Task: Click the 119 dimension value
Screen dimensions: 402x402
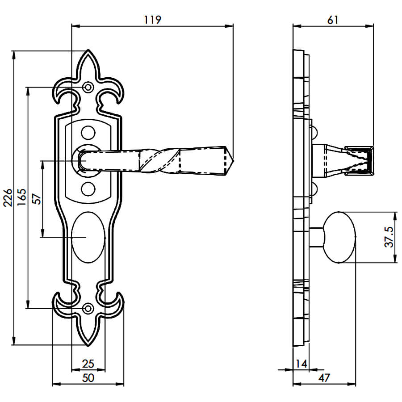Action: (153, 20)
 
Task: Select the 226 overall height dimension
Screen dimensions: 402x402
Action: (8, 197)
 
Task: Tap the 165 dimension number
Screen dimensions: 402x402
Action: (21, 197)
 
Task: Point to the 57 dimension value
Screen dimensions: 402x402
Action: (37, 199)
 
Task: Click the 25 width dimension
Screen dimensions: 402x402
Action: (88, 364)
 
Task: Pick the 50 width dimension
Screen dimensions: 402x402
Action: (88, 378)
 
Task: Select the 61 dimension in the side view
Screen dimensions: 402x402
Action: (332, 20)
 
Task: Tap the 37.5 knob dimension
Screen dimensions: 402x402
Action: (389, 237)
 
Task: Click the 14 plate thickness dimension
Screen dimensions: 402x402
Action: (301, 364)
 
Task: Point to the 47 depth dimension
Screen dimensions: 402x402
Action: (324, 378)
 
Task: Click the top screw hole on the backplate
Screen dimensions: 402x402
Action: (88, 87)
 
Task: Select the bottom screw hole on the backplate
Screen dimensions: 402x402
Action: (88, 308)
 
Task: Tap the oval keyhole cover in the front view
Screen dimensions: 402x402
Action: (88, 237)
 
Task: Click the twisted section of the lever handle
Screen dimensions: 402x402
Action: (159, 160)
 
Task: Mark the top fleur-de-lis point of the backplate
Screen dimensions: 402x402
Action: (88, 50)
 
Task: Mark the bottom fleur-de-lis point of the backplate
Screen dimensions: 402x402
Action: (88, 346)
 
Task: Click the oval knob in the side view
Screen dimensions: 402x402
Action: (339, 237)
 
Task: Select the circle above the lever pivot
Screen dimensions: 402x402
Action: (88, 133)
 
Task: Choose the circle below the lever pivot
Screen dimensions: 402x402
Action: (88, 189)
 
